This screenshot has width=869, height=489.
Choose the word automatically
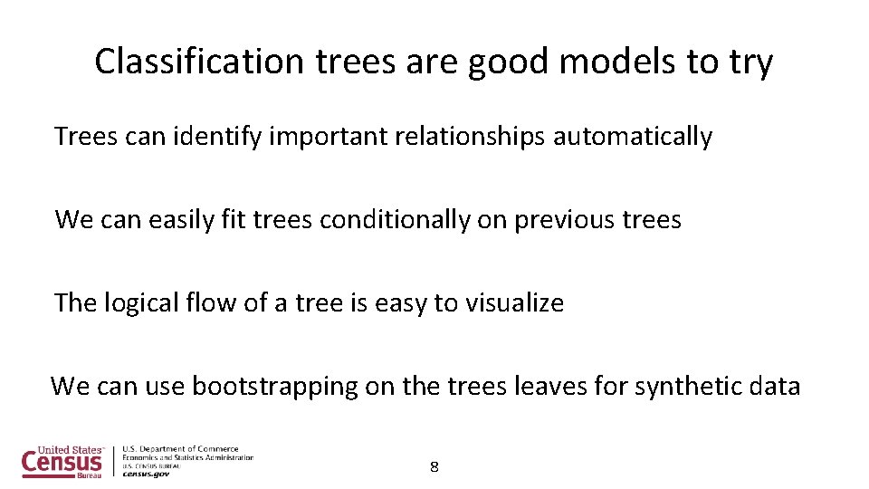633,137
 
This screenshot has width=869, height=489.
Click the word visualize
514,302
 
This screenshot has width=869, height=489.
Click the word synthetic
687,387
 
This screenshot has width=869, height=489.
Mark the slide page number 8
434,467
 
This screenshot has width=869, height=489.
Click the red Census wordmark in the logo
62,462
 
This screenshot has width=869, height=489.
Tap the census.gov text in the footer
146,474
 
